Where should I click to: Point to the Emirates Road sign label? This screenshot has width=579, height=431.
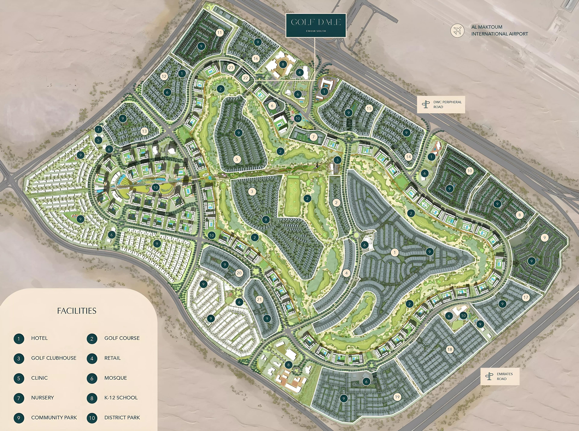(x=500, y=376)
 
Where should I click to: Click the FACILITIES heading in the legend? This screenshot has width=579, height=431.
(x=77, y=311)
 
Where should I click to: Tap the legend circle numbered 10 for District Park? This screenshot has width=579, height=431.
(x=92, y=418)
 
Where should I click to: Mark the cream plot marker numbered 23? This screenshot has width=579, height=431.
(x=231, y=68)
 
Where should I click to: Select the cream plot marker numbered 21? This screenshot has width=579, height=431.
(x=259, y=300)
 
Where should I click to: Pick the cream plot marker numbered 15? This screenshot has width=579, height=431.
(x=369, y=108)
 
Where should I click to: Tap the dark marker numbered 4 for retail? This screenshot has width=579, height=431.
(x=300, y=73)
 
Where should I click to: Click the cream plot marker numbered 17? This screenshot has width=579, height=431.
(x=525, y=297)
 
